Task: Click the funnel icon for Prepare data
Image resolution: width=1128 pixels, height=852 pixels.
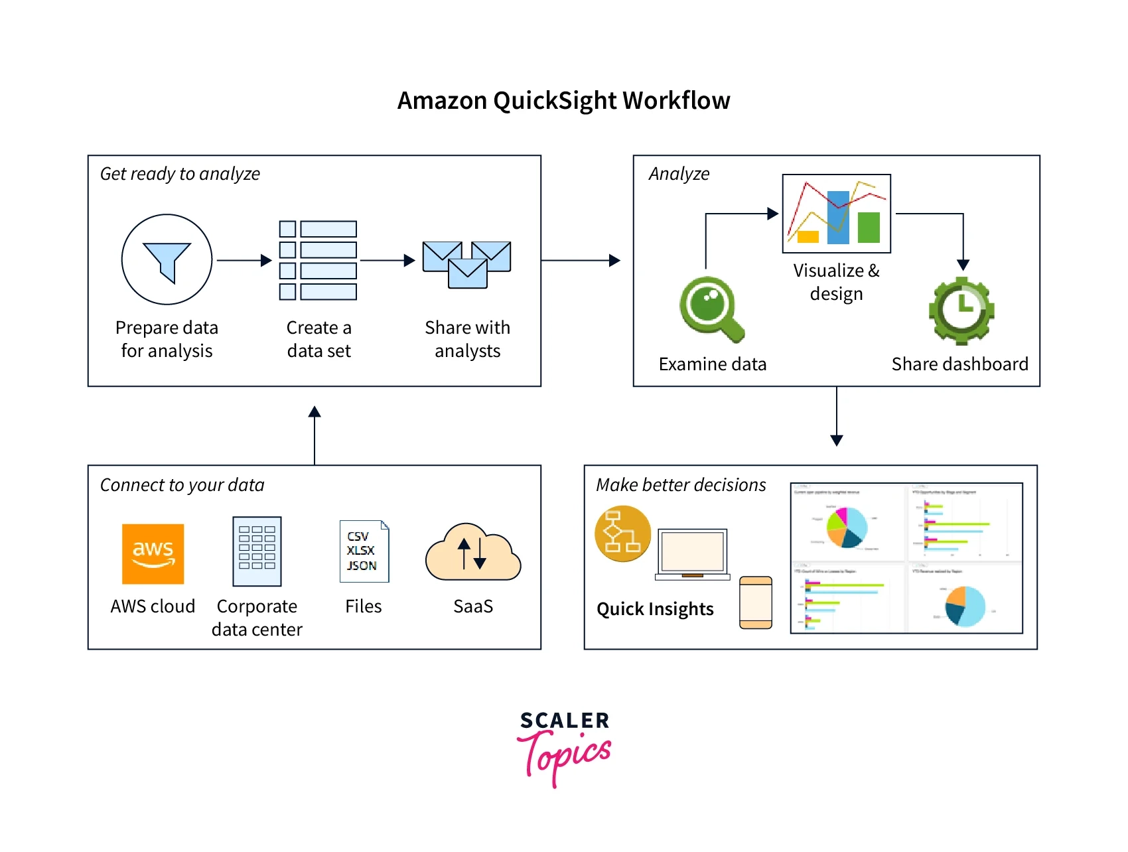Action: tap(167, 260)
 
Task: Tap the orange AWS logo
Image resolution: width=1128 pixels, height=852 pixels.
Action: tap(153, 554)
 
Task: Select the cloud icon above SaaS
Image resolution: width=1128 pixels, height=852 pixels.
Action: tap(473, 554)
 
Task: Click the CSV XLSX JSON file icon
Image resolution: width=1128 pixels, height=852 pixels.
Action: tap(364, 551)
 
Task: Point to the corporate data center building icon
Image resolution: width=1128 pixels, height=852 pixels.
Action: tap(257, 551)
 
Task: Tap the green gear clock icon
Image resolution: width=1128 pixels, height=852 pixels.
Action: tap(961, 311)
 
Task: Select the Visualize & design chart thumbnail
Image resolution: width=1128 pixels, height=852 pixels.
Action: tap(836, 214)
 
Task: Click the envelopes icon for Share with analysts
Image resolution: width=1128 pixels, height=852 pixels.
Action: tap(467, 264)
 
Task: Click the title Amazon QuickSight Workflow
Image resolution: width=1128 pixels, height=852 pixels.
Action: tap(563, 101)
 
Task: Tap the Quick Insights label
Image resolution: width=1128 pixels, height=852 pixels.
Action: tap(655, 609)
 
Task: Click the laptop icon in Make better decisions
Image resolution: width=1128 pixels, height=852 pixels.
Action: tap(692, 554)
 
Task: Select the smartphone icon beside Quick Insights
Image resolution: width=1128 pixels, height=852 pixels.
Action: tap(756, 603)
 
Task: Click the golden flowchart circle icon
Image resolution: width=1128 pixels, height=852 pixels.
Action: tap(622, 533)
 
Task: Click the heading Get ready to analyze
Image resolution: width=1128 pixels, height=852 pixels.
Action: tap(180, 174)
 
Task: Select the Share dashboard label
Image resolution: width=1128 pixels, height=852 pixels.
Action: tap(959, 364)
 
